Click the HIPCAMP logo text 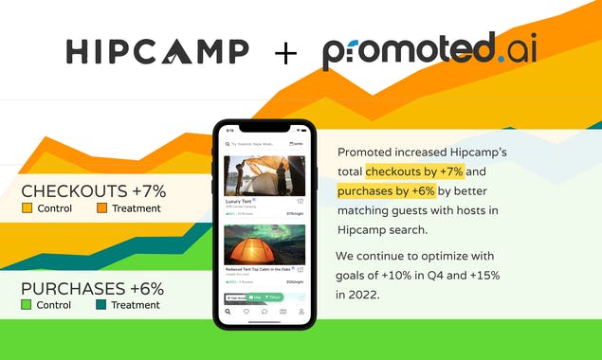157,51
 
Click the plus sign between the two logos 284,52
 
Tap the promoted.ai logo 429,51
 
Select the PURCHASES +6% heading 92,288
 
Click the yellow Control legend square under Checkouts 27,208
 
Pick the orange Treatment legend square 101,208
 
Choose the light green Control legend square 27,305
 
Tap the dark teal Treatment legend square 101,305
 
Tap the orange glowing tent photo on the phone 264,244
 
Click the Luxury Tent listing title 238,202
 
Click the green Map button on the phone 255,297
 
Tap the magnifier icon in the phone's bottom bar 228,312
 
